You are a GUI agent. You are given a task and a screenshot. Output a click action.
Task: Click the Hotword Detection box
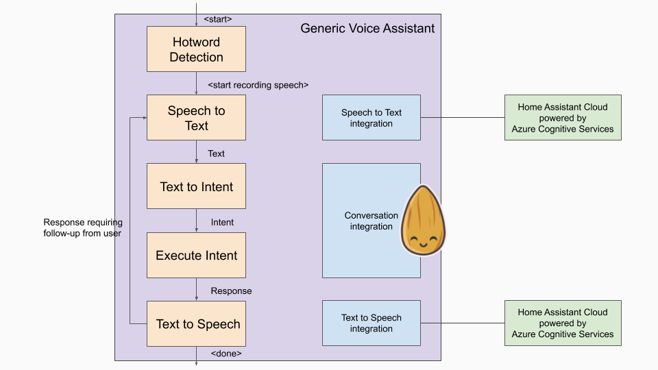[196, 49]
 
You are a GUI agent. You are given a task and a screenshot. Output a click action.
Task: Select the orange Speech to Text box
[196, 118]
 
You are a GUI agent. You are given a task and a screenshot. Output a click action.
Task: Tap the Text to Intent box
[196, 186]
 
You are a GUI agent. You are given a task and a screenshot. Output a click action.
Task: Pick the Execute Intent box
[196, 255]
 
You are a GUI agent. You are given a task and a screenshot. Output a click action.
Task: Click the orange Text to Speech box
[196, 323]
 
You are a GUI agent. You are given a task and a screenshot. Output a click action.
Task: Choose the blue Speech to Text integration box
[371, 118]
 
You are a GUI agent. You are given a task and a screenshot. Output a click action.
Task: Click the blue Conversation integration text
[371, 221]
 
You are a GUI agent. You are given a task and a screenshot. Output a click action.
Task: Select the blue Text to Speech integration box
[371, 323]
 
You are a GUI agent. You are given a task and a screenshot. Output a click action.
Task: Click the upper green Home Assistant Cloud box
[562, 118]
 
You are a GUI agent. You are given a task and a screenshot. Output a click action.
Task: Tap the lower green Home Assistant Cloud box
[562, 323]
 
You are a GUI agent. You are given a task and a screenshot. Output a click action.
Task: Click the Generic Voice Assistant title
[367, 29]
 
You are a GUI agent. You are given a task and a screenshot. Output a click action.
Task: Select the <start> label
[218, 19]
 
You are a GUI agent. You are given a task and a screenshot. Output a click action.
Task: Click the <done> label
[226, 354]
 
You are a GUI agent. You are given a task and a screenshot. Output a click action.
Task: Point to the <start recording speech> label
[258, 85]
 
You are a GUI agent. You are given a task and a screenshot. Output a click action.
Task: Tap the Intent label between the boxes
[222, 222]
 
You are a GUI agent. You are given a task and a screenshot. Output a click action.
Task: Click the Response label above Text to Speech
[231, 291]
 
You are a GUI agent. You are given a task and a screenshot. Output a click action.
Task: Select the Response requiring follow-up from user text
[82, 227]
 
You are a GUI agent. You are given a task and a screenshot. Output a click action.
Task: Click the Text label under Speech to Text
[216, 153]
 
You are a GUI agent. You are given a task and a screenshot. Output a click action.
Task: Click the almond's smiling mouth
[422, 243]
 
